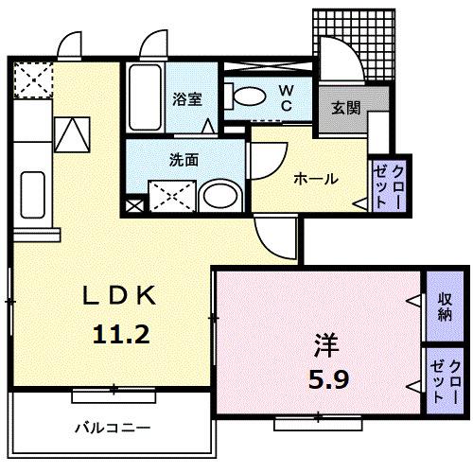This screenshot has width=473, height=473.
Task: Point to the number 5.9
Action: (327, 380)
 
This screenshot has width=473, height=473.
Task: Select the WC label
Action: (285, 99)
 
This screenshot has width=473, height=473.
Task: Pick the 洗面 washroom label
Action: (184, 159)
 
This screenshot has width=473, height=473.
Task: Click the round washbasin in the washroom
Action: (223, 197)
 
